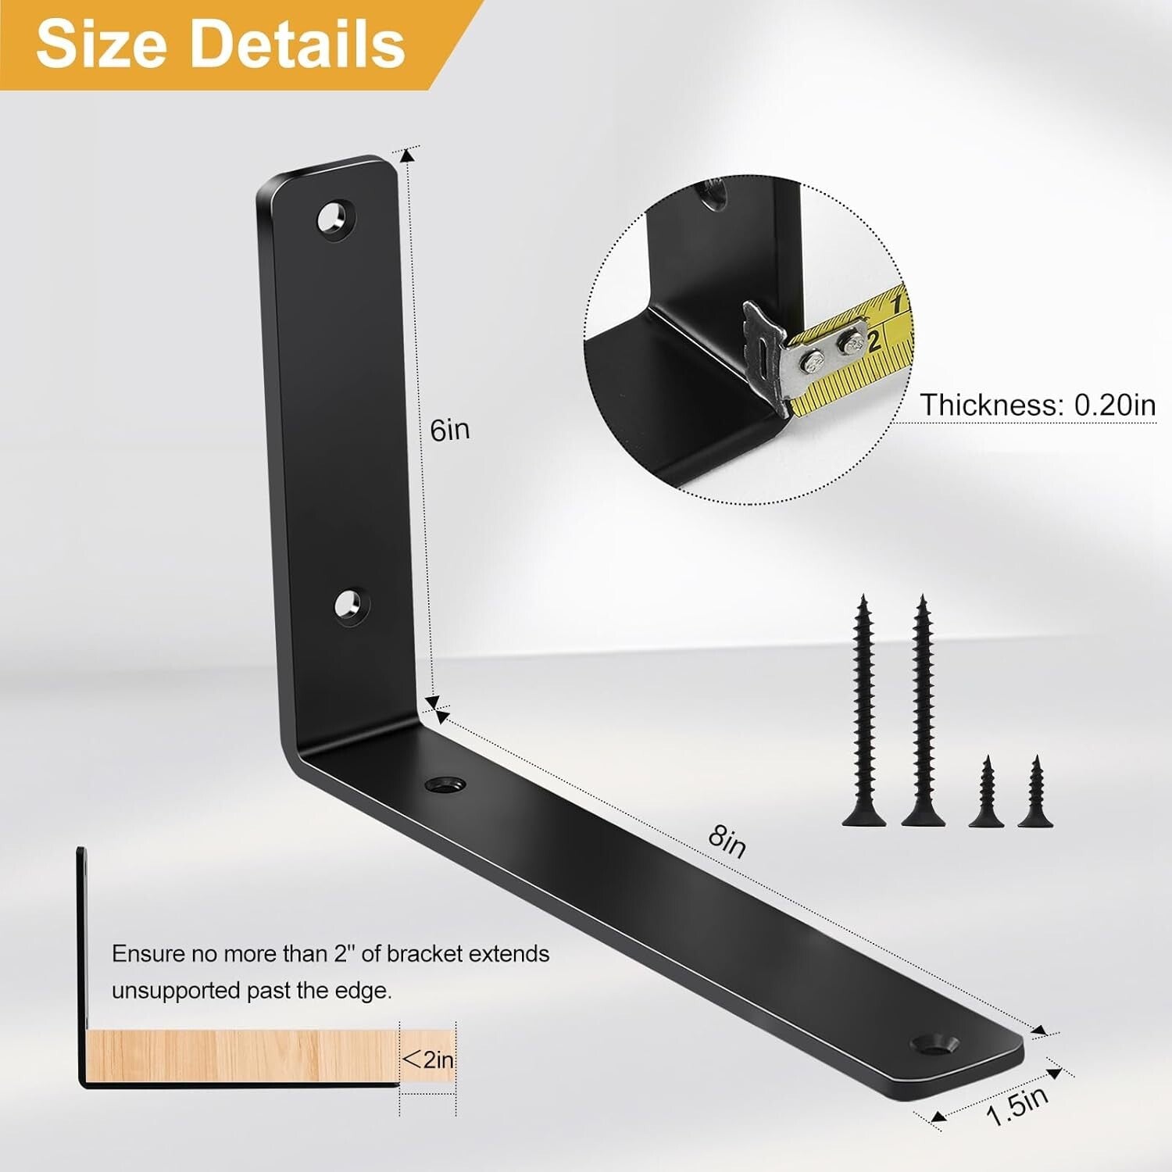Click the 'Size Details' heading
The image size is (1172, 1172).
pyautogui.click(x=220, y=44)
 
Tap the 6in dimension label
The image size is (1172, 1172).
pyautogui.click(x=450, y=430)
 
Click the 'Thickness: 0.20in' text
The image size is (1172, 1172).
pyautogui.click(x=1037, y=405)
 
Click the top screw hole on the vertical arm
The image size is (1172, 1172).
pyautogui.click(x=335, y=218)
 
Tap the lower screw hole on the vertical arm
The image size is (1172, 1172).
pyautogui.click(x=351, y=606)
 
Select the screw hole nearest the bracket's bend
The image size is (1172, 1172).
pyautogui.click(x=445, y=784)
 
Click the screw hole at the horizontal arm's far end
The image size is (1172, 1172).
pyautogui.click(x=934, y=1043)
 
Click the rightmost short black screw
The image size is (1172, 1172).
pyautogui.click(x=1035, y=792)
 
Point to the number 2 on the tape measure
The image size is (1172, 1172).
pyautogui.click(x=874, y=340)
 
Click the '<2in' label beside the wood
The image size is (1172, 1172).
pyautogui.click(x=427, y=1059)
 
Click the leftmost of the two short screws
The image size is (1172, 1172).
pyautogui.click(x=986, y=792)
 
